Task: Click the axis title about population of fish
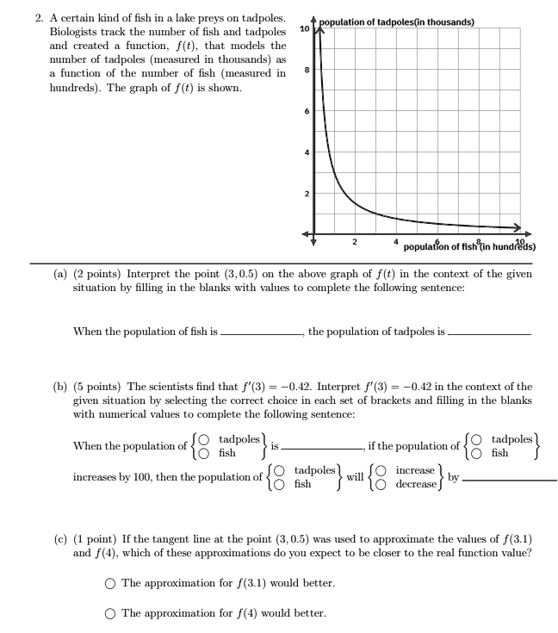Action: point(469,245)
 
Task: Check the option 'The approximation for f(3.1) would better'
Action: point(110,583)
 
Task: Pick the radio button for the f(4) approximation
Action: point(110,613)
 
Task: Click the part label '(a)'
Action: point(60,274)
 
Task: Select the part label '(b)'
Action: point(60,387)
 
